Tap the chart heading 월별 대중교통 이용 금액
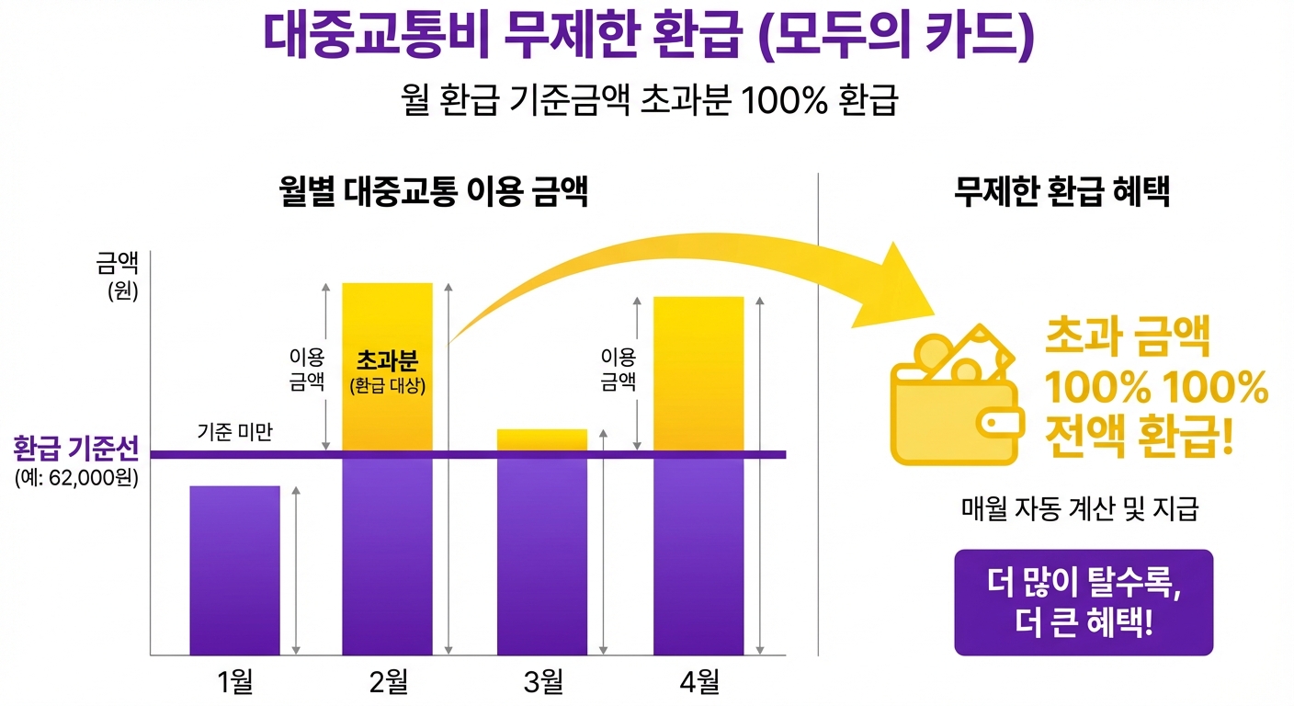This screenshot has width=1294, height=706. [x=433, y=194]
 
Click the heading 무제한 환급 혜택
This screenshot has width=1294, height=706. [x=1061, y=194]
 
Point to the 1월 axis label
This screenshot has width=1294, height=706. [x=235, y=681]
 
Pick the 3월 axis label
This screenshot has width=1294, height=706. [x=542, y=681]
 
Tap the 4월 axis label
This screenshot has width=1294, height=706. [x=698, y=681]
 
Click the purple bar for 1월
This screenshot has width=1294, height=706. [x=235, y=570]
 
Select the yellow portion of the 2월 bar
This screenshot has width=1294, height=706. [x=387, y=368]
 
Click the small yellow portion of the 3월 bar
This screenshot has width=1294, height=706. [x=542, y=439]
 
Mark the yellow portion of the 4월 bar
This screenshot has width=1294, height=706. [x=698, y=372]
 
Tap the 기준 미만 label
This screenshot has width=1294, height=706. [x=235, y=431]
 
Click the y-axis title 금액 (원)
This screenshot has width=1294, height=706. [x=117, y=276]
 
